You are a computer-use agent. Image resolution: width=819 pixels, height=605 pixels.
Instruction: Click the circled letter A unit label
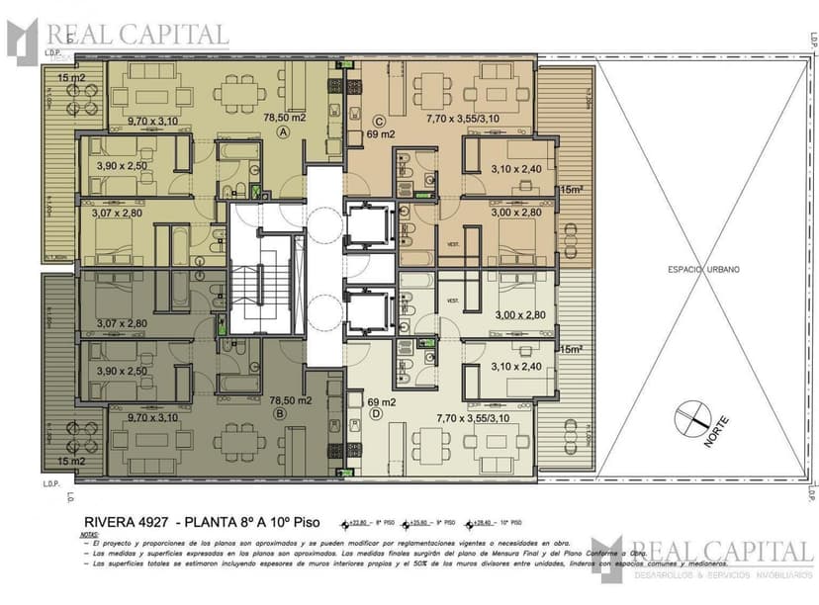click(283, 131)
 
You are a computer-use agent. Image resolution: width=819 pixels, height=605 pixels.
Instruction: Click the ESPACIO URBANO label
click(703, 269)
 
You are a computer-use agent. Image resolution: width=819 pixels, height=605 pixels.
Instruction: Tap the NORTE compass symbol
click(694, 418)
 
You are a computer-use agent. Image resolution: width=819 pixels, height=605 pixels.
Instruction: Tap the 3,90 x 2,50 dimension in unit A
click(122, 166)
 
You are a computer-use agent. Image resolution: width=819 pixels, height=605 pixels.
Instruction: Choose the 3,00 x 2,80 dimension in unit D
click(518, 315)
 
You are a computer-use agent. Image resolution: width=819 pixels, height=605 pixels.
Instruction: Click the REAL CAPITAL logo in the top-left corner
click(119, 37)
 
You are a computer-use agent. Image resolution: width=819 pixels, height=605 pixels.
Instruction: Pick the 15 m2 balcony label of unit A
click(70, 77)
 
